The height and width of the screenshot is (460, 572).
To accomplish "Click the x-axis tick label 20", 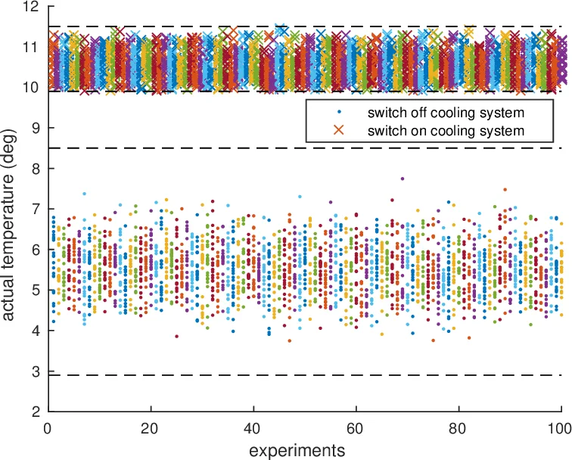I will [x=151, y=427].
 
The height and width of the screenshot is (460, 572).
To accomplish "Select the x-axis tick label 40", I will [x=253, y=427].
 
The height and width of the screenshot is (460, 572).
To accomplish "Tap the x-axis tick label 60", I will [x=356, y=427].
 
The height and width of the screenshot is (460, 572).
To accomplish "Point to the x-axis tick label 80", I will [x=459, y=427].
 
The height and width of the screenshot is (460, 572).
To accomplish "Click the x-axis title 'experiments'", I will [x=304, y=449].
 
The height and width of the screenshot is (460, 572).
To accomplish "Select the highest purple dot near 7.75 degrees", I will [x=403, y=179].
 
